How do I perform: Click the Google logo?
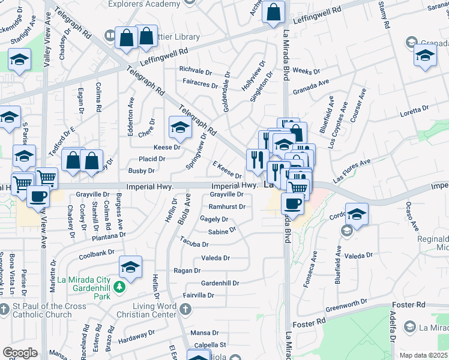(20, 353)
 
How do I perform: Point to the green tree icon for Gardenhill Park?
(119, 286)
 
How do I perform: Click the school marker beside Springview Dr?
(179, 127)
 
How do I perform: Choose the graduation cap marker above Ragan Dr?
(130, 267)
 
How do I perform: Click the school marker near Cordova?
(357, 215)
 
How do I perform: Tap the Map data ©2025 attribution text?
(423, 355)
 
